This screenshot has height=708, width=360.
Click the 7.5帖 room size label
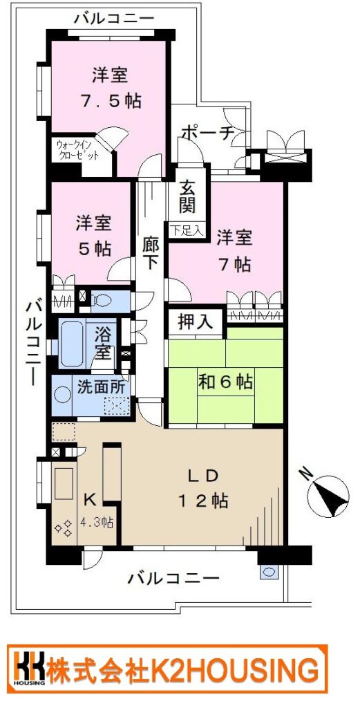click(x=111, y=101)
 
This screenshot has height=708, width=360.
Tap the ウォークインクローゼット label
click(x=77, y=151)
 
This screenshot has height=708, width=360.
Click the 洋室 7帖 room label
click(x=234, y=250)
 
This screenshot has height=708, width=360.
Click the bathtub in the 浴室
click(x=72, y=344)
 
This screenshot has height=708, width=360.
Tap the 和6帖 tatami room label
click(x=225, y=382)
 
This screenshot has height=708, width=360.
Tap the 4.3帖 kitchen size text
click(x=97, y=523)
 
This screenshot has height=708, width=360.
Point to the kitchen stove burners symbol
click(x=63, y=528)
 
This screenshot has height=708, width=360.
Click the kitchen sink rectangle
click(x=64, y=483)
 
